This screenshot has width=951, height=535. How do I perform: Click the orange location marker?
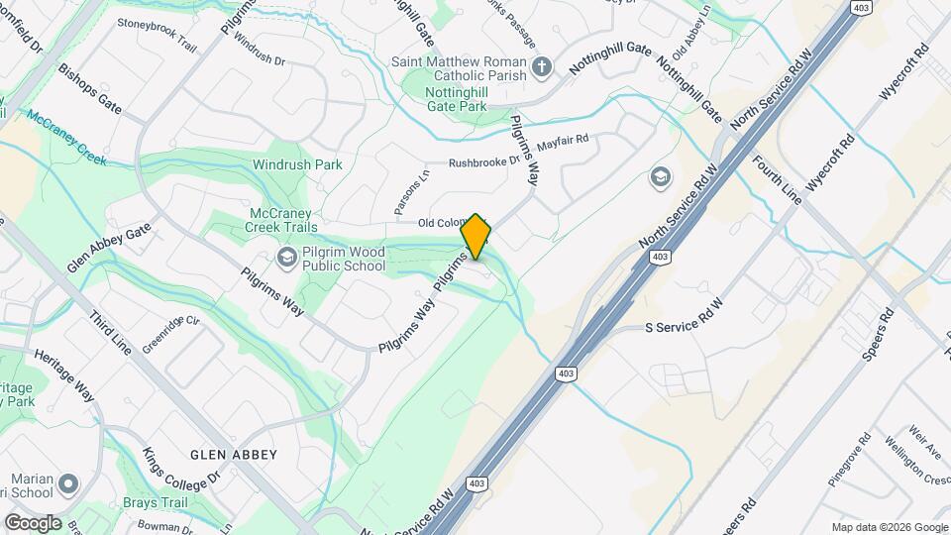click(475, 236)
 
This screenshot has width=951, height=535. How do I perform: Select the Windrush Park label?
click(297, 164)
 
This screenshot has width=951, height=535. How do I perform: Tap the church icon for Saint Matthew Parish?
click(541, 67)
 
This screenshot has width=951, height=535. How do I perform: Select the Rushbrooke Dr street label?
click(484, 160)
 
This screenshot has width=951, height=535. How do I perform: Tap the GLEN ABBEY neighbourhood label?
click(234, 454)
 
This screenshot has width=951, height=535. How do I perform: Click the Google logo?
click(33, 522)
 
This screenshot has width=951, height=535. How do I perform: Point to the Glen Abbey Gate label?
click(108, 248)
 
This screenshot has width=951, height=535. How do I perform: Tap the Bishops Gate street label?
click(89, 89)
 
